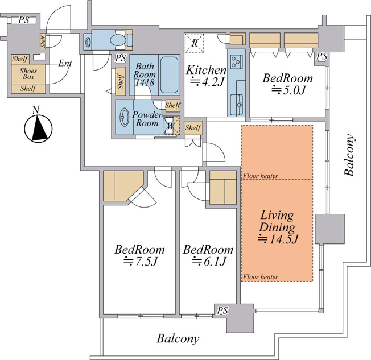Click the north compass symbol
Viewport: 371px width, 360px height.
tap(38, 128)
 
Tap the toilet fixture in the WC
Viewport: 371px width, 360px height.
tap(121, 40)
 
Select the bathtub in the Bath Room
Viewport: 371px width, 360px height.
tap(169, 75)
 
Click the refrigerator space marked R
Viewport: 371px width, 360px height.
tap(194, 43)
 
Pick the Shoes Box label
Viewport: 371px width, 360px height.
tap(28, 73)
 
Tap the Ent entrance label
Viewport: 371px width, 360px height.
tap(65, 63)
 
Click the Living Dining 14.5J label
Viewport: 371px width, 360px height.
tap(278, 227)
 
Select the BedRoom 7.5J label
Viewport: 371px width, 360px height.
tap(139, 255)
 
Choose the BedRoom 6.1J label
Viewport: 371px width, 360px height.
tap(208, 255)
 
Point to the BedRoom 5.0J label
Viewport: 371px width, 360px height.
tap(287, 84)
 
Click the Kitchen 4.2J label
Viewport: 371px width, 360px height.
tap(207, 76)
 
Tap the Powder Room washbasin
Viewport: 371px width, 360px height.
tap(125, 117)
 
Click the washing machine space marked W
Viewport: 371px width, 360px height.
tap(170, 126)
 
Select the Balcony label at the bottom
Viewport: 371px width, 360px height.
tap(178, 338)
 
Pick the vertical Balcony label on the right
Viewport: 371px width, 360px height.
tap(349, 155)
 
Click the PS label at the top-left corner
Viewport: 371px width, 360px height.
tap(24, 20)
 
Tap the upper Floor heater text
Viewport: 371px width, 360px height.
tap(261, 176)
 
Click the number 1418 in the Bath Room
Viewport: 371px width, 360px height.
tap(145, 82)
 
